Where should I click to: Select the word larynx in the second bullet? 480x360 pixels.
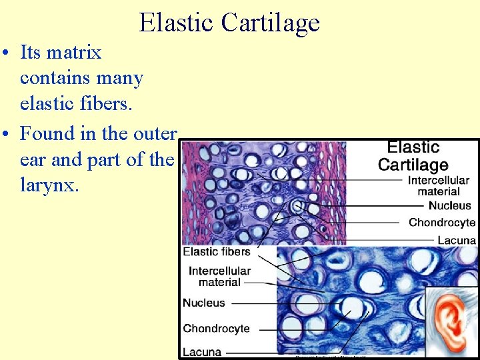click(x=49, y=185)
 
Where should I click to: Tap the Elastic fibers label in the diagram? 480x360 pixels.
click(x=217, y=252)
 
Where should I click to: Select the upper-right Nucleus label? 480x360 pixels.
click(x=449, y=205)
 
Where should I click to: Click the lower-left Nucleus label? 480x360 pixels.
click(x=204, y=303)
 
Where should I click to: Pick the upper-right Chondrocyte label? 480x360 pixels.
click(x=442, y=222)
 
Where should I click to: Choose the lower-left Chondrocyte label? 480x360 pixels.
click(x=216, y=328)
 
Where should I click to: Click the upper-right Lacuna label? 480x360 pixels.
click(x=457, y=239)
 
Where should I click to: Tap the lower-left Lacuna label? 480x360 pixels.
click(x=202, y=351)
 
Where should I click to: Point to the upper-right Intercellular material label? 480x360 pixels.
click(x=438, y=186)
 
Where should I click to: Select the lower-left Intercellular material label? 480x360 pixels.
click(x=219, y=277)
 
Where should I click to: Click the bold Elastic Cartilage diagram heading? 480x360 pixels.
click(x=413, y=156)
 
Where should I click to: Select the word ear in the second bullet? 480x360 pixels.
click(x=32, y=160)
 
